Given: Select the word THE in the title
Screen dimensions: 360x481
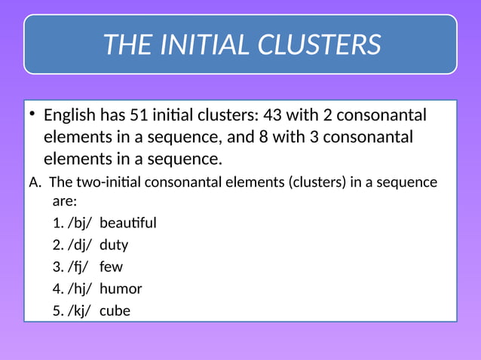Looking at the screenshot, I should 126,45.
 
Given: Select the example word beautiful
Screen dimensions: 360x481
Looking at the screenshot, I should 128,223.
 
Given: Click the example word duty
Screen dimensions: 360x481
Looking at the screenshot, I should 114,245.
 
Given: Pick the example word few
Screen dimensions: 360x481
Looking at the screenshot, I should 111,267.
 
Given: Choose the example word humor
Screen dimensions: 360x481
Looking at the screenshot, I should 121,288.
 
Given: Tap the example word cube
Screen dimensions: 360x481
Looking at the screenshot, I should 115,310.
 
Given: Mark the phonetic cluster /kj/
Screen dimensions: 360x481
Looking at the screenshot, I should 78,310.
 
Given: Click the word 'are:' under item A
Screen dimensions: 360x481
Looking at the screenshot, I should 65,202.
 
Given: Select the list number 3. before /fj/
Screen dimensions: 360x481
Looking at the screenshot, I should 58,267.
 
